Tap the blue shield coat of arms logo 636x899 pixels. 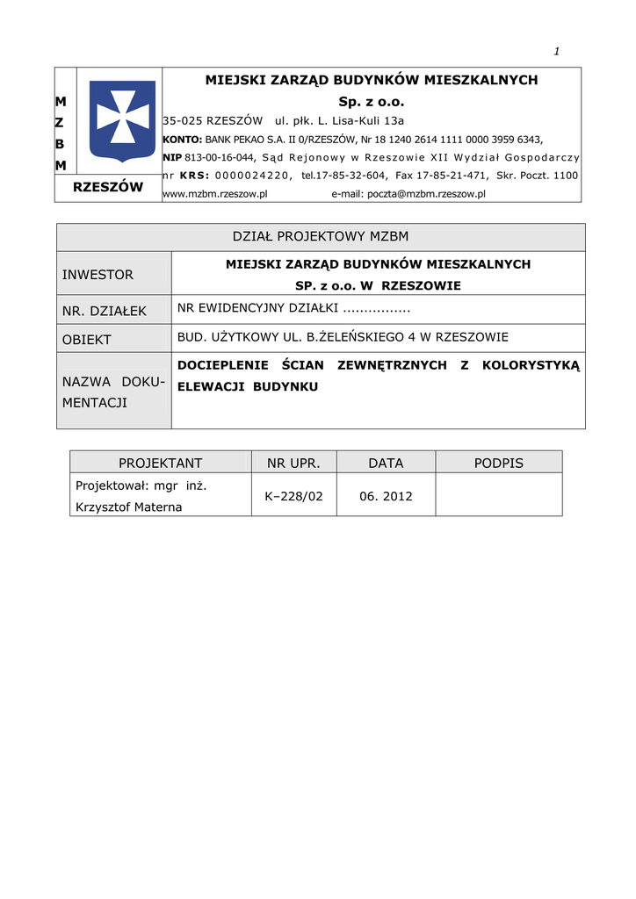(x=123, y=121)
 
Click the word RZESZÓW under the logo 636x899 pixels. (x=108, y=186)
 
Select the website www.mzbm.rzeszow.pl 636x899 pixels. (x=215, y=194)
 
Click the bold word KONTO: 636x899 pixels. (x=183, y=139)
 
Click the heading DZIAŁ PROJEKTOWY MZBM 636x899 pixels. (x=321, y=237)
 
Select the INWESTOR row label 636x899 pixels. (x=98, y=275)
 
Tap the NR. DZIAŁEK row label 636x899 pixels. (x=105, y=311)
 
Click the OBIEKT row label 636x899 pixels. (x=87, y=339)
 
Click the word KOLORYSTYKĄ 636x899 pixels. (x=531, y=365)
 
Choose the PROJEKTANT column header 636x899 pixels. (x=161, y=463)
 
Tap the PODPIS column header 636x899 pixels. (x=498, y=463)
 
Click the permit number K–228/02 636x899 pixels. (x=293, y=496)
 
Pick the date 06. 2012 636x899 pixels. (x=386, y=496)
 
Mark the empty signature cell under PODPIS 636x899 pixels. (x=498, y=495)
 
